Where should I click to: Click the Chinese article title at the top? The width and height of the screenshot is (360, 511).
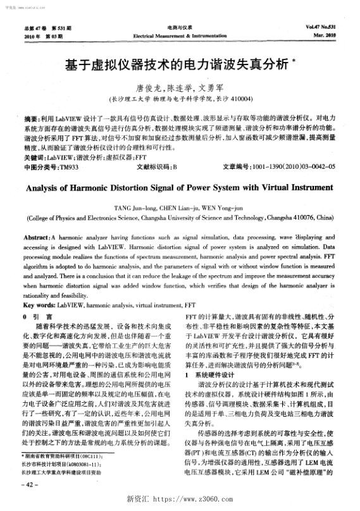179,65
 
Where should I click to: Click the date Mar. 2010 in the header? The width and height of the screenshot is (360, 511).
327,35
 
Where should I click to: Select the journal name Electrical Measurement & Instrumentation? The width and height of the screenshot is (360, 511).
180,36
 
